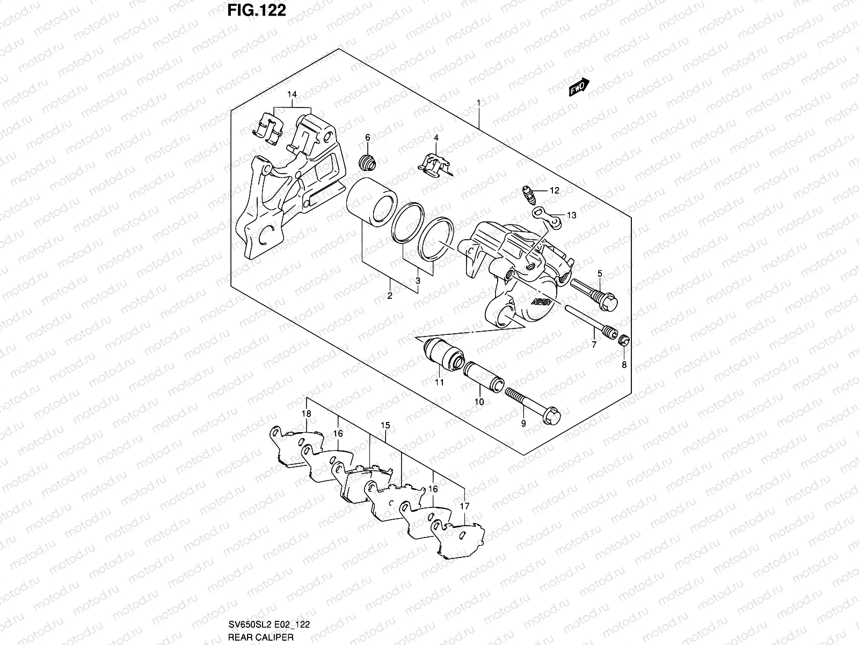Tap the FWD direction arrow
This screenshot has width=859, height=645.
tap(579, 87)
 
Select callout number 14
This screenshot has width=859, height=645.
tap(292, 95)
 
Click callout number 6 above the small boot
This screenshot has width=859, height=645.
tap(368, 138)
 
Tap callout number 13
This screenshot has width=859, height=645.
tap(571, 216)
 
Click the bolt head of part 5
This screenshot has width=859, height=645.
tap(610, 302)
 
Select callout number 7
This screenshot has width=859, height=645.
tap(594, 345)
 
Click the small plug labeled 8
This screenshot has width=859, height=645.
tap(624, 341)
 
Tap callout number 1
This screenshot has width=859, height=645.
tap(478, 102)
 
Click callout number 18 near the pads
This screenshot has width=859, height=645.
tap(306, 414)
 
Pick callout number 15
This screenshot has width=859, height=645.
tap(385, 426)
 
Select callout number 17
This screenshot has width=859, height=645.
tap(465, 506)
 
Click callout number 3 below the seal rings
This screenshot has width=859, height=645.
tap(417, 281)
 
